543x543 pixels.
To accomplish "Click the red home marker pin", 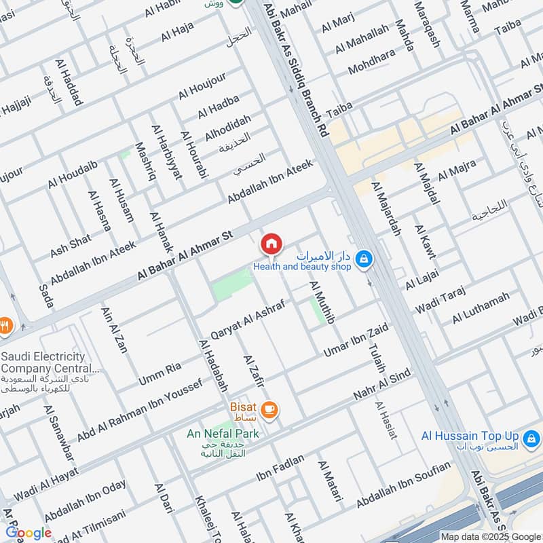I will (271, 243).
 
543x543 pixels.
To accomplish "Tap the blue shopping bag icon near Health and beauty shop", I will (364, 258).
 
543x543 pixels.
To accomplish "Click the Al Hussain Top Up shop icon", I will (533, 436).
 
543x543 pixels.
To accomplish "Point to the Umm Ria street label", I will (160, 372).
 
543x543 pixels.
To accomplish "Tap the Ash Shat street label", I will (70, 246).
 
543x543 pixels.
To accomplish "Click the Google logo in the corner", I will (29, 533).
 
